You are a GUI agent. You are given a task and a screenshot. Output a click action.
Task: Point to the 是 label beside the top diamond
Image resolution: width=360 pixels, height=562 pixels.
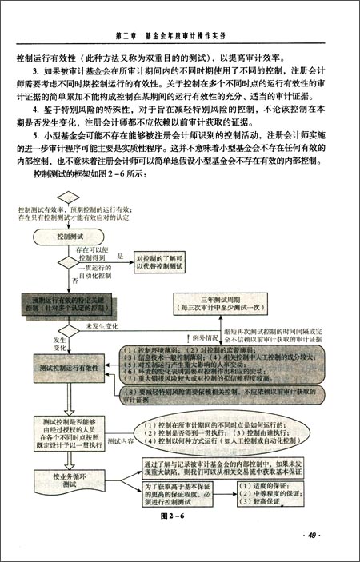(x=119, y=257)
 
